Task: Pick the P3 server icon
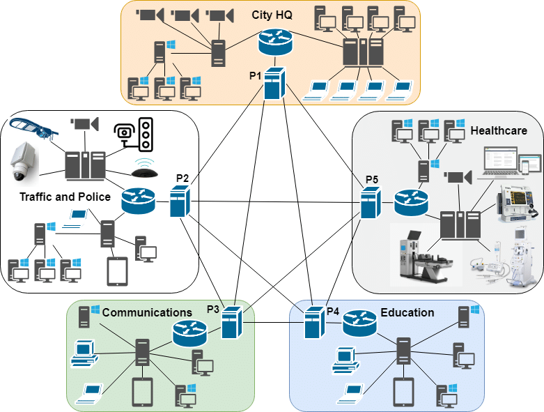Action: pyautogui.click(x=231, y=322)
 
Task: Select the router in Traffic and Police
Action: pyautogui.click(x=137, y=201)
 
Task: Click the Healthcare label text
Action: pyautogui.click(x=498, y=130)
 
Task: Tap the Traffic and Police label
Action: pyautogui.click(x=65, y=197)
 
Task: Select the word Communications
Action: pyautogui.click(x=147, y=312)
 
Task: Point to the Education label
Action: pyautogui.click(x=407, y=312)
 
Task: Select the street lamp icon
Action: pyautogui.click(x=31, y=129)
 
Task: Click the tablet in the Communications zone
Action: pyautogui.click(x=142, y=392)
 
